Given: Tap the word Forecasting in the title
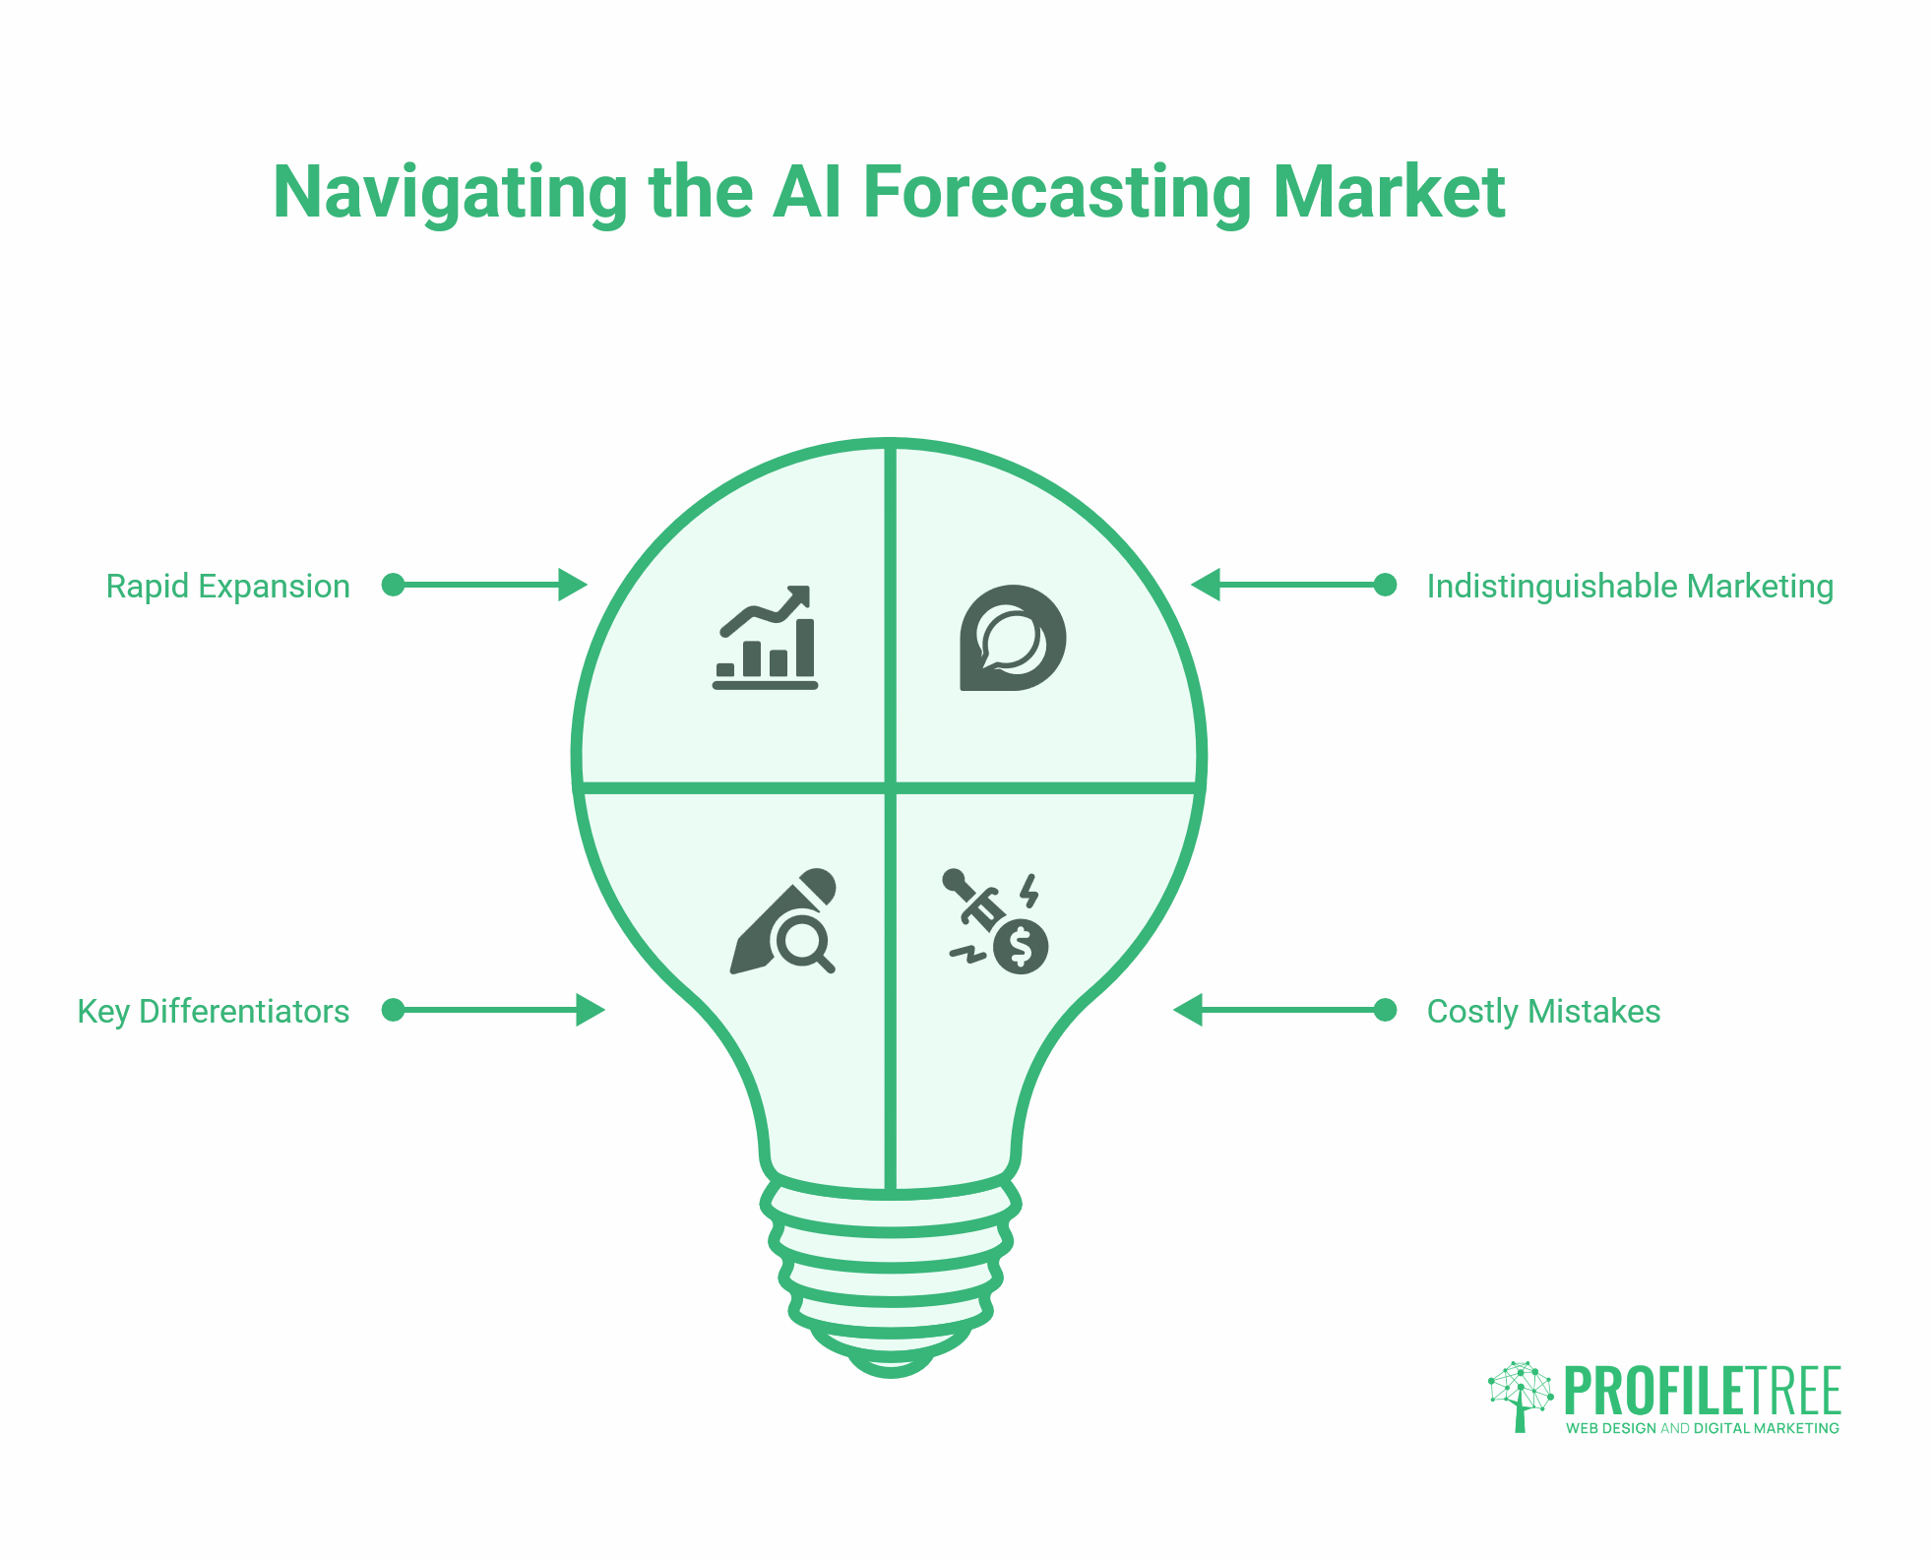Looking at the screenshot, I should [1057, 192].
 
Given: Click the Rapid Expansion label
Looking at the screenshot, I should [227, 587].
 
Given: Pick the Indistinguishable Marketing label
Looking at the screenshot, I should [1630, 587].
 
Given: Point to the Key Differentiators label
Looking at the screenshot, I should [214, 1012].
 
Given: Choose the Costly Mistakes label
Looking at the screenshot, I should [1543, 1012].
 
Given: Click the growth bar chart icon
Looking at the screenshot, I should [766, 638].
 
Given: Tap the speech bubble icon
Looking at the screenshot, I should [1012, 638].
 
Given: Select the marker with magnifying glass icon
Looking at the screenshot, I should [784, 922].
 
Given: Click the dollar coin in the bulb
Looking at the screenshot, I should [1021, 947].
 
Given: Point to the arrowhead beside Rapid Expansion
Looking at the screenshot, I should [572, 585].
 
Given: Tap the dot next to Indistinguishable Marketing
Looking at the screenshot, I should [1385, 585].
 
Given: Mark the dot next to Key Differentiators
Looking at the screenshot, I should [393, 1010].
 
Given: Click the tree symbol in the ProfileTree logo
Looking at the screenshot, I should [1520, 1395].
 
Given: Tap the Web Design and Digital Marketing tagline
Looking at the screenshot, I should [1702, 1428].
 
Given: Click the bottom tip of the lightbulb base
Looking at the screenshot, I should [890, 1369].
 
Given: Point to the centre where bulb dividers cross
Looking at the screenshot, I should [890, 787].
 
